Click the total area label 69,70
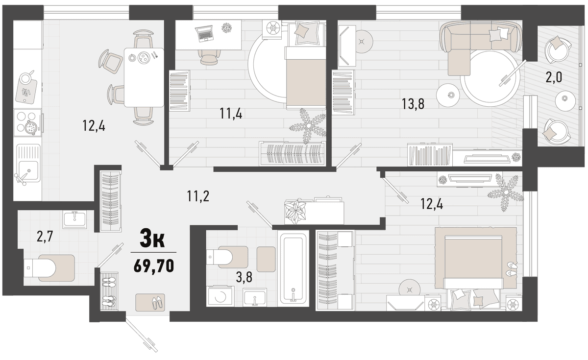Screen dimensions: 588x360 tap(153, 266)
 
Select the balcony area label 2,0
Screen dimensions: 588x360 tap(554, 78)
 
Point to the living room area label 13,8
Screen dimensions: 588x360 tap(413, 104)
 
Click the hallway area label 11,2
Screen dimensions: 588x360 tap(198, 196)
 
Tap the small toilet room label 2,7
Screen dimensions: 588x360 tap(45, 237)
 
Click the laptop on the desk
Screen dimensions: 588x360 tap(204, 33)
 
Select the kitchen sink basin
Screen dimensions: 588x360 tap(28, 170)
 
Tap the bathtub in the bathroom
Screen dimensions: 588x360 tap(294, 268)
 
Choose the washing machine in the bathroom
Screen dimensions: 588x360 tap(220, 296)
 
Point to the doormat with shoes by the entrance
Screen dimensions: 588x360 tap(150, 302)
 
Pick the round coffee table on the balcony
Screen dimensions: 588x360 tap(564, 101)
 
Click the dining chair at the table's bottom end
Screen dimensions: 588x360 tap(143, 116)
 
